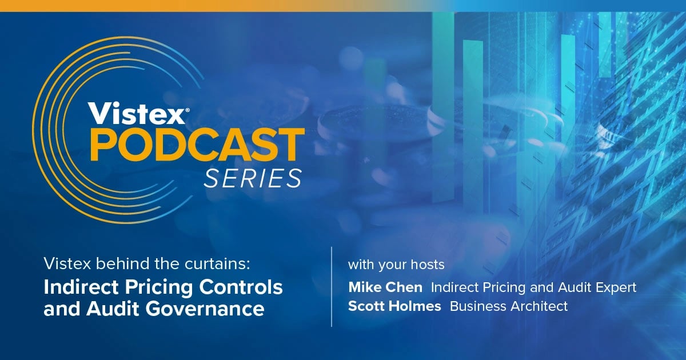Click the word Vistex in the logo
[x=135, y=114]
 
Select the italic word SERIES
[x=253, y=178]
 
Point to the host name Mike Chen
[x=385, y=287]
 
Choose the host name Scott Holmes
[x=394, y=306]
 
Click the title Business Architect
[x=509, y=306]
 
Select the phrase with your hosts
[x=396, y=265]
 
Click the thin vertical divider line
[x=332, y=286]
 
